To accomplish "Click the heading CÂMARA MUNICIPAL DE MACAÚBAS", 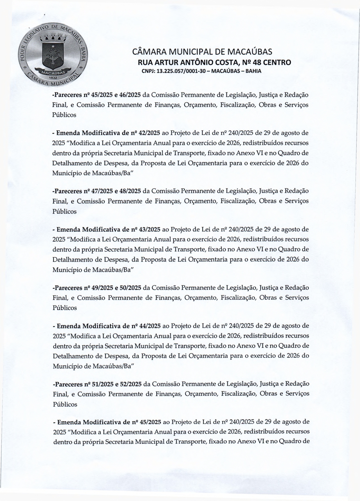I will point(202,52).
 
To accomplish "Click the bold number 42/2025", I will point(150,133).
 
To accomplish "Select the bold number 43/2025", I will point(150,229).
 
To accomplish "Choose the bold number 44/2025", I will point(150,326).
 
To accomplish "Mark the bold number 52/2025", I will point(130,384).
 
